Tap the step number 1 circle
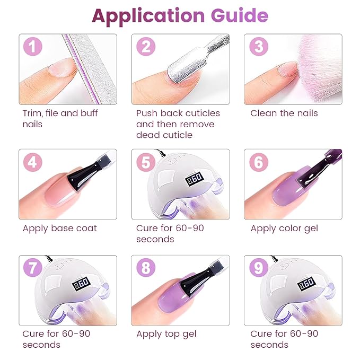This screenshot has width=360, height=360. tap(33, 47)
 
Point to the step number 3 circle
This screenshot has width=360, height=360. tap(258, 47)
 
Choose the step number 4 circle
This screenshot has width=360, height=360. tap(33, 162)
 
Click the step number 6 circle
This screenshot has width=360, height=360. tap(258, 162)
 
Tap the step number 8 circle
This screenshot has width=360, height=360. tap(145, 268)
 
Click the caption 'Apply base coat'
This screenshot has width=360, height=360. tap(59, 229)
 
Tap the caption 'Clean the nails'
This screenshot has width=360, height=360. tap(284, 113)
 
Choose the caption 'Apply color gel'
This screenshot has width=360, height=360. tap(285, 229)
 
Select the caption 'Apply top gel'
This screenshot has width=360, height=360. tap(166, 334)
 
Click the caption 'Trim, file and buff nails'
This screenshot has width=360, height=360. tap(59, 118)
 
